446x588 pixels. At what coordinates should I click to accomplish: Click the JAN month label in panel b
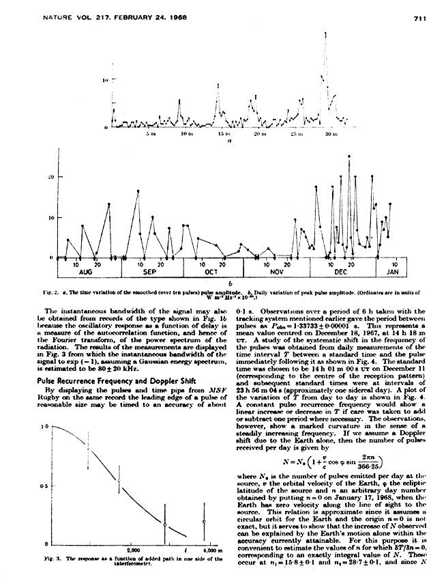coord(393,272)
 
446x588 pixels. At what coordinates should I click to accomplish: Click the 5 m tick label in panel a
coord(150,136)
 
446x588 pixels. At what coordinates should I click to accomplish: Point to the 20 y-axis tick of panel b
coord(49,176)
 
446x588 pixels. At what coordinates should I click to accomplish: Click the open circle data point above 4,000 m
coord(204,522)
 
